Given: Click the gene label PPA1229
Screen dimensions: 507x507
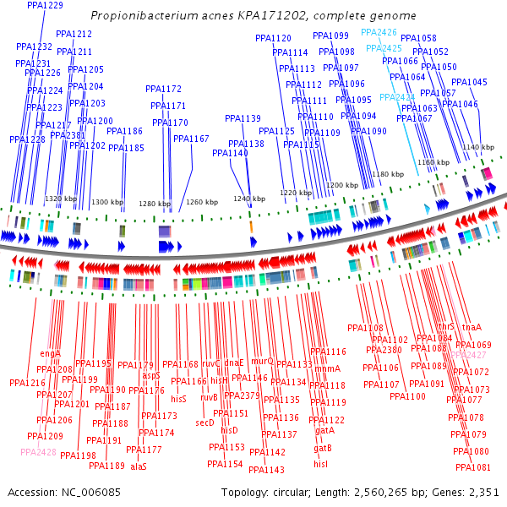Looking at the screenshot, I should (x=45, y=5).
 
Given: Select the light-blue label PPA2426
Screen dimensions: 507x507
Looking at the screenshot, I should (x=379, y=32).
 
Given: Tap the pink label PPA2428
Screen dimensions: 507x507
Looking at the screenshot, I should (x=38, y=452).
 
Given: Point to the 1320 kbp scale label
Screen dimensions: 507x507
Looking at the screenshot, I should (x=61, y=199).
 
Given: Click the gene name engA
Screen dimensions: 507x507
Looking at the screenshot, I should (x=50, y=353).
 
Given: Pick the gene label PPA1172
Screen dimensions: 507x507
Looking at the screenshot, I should (x=163, y=89).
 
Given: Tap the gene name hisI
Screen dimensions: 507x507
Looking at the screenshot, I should (x=320, y=464).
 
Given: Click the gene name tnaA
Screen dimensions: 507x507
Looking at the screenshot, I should (x=472, y=327).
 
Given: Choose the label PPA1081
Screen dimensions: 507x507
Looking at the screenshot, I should (x=472, y=467).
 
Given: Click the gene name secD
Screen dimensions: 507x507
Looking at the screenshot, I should (x=204, y=422).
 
